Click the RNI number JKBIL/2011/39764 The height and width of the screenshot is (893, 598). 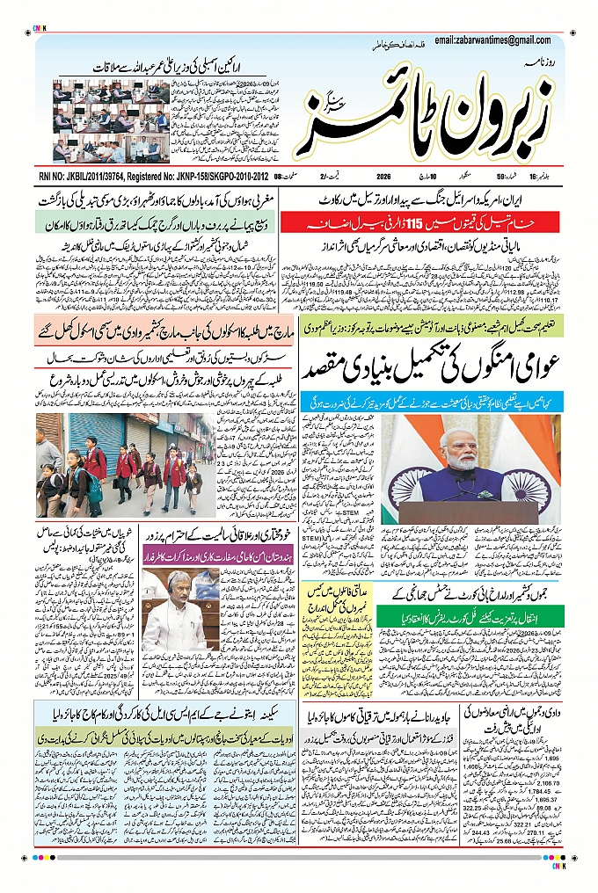click(93, 177)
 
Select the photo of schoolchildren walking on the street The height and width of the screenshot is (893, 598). click(119, 465)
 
